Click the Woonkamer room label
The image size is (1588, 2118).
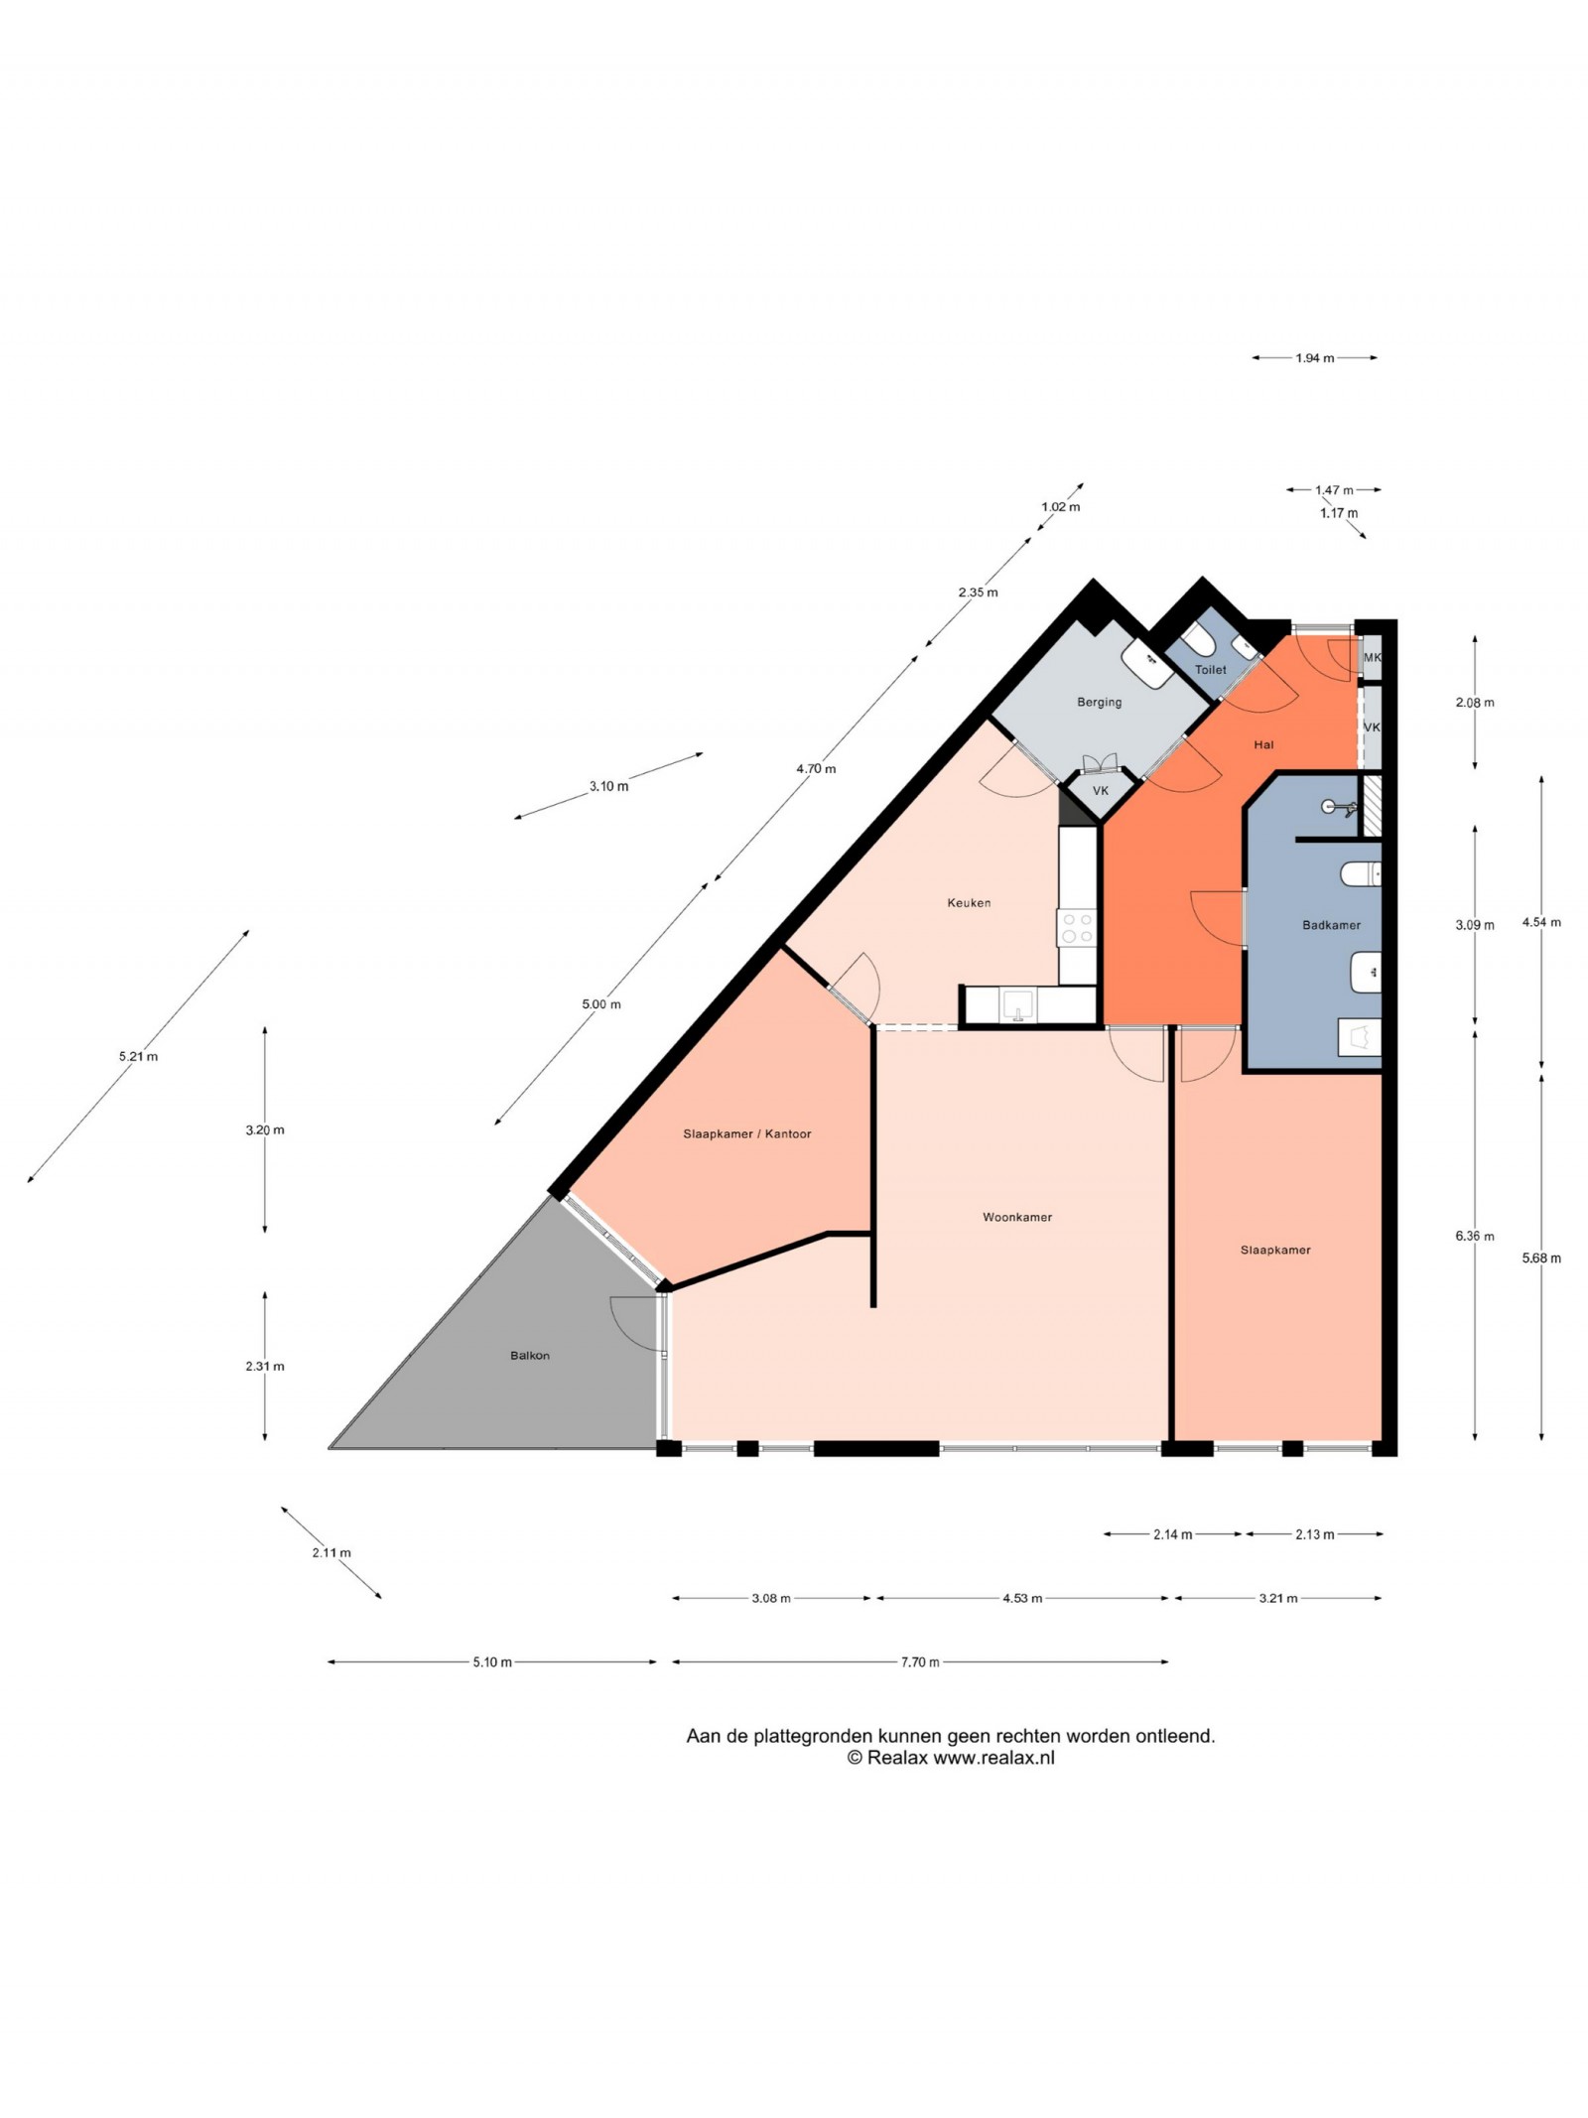(x=1016, y=1217)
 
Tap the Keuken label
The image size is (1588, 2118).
(x=969, y=902)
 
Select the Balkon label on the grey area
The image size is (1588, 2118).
(x=529, y=1355)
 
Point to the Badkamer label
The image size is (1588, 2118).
(x=1331, y=925)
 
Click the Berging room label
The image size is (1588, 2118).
(x=1100, y=702)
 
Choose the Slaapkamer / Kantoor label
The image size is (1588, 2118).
(x=747, y=1133)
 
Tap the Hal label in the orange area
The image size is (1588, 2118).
(x=1263, y=744)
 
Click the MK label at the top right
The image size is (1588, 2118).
(x=1372, y=657)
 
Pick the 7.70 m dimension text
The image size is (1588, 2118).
(x=920, y=1661)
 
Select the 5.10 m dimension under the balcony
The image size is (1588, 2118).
(x=492, y=1661)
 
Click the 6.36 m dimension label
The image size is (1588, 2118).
(x=1474, y=1236)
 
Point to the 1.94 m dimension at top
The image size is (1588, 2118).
(x=1314, y=357)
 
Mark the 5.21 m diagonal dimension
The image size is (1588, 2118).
(x=138, y=1056)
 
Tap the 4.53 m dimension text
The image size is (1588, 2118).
(x=1022, y=1598)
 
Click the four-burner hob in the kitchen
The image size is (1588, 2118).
(x=1077, y=929)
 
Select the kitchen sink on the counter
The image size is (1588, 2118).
(x=1017, y=1004)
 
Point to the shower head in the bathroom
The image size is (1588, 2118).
(x=1330, y=807)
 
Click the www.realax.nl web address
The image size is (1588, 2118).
(x=993, y=1758)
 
